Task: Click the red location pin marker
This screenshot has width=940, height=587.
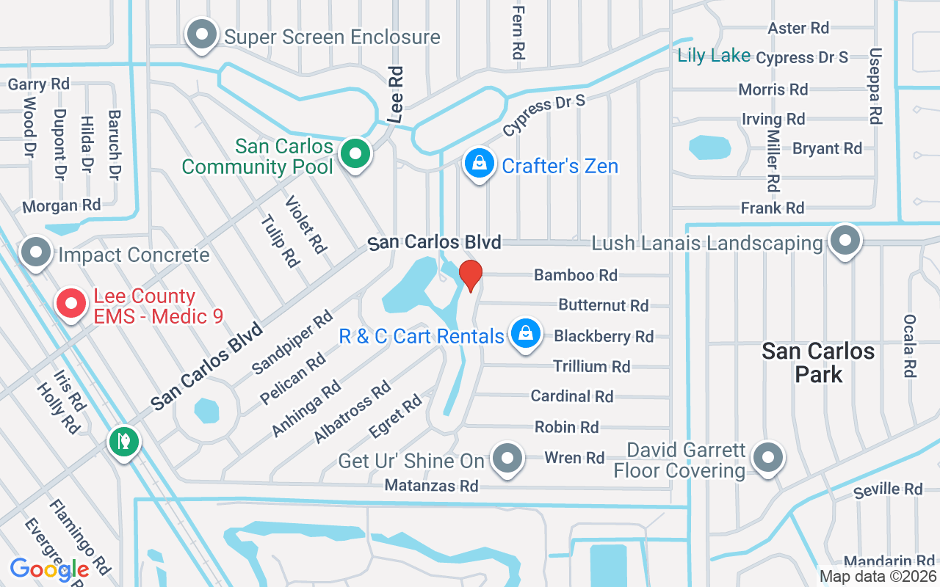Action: point(470,275)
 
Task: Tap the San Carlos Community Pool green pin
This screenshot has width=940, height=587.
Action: point(356,155)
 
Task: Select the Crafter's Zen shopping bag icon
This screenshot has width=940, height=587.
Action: point(479,164)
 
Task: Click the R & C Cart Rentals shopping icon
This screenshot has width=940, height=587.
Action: point(526,334)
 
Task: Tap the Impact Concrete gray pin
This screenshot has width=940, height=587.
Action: point(35,252)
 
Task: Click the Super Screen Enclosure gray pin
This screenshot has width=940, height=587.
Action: point(201,34)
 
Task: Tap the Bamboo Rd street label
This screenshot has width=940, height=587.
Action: point(576,275)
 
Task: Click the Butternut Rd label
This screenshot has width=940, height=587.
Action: point(603,305)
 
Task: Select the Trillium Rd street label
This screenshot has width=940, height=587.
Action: point(591,366)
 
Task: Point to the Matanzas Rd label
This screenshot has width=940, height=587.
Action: point(431,486)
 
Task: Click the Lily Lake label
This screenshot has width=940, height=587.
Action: point(714,56)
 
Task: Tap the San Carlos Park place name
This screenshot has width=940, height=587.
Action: point(818,362)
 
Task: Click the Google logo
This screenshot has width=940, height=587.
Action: point(49,569)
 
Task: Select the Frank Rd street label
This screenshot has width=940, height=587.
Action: point(773,208)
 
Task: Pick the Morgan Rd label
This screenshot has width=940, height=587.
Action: point(61,205)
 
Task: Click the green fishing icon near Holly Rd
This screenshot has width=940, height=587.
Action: point(124,441)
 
